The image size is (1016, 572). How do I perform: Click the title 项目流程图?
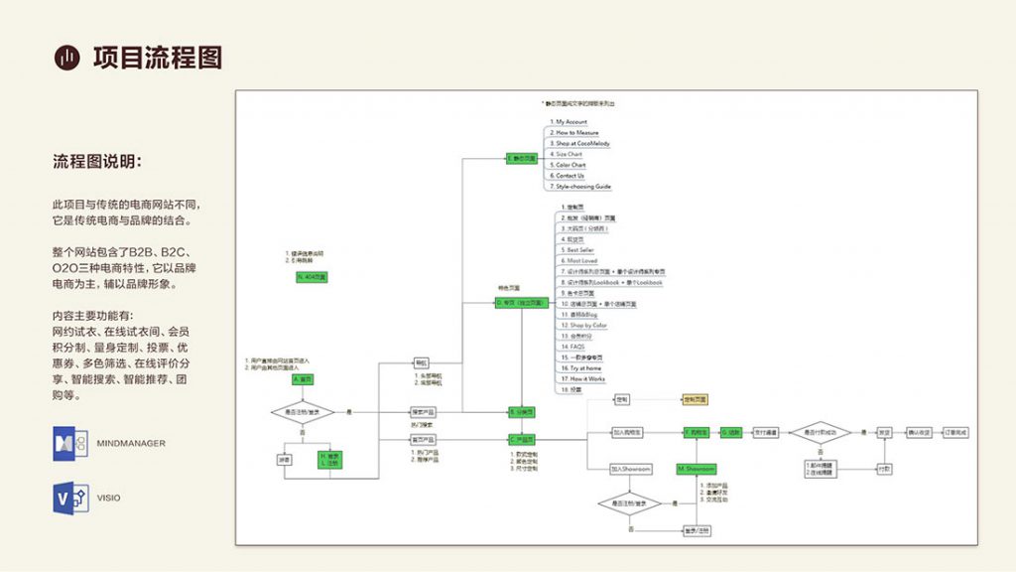point(157,58)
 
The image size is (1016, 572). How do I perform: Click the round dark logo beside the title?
point(66,59)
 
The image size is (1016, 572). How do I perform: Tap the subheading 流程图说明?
point(104,161)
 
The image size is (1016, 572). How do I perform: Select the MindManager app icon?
point(70,443)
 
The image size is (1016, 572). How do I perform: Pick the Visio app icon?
point(70,497)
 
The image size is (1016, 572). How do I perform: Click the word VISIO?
point(109,498)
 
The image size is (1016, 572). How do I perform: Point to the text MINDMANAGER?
point(131,443)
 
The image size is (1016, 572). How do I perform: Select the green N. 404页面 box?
point(312,277)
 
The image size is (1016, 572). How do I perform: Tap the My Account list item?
point(571,122)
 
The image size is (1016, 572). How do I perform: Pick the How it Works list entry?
point(583,378)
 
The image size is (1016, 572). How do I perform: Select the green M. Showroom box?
point(696,468)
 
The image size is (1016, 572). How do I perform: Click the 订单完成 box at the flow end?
point(954,433)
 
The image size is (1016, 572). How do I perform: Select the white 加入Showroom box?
point(631,468)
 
